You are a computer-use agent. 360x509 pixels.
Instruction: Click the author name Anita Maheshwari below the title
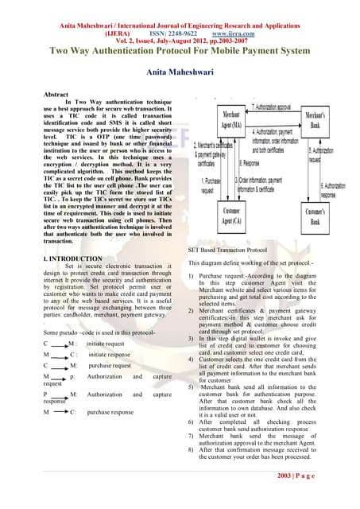point(180,72)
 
